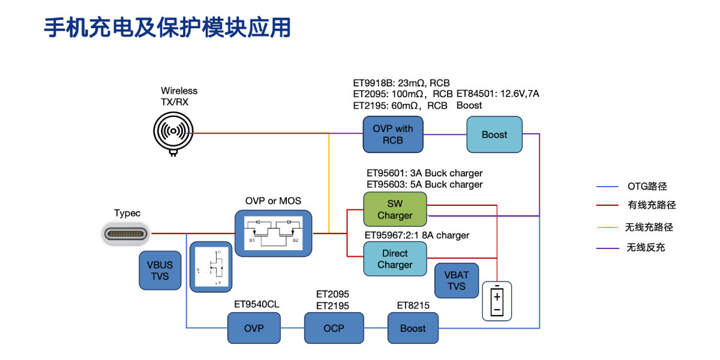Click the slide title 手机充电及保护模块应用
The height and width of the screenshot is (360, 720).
[x=167, y=28]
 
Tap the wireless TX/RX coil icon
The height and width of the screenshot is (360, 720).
[x=173, y=131]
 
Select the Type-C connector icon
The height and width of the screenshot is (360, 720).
[x=125, y=233]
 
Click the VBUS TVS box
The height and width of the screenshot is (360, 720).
[x=160, y=271]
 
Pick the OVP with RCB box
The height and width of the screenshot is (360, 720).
[x=392, y=134]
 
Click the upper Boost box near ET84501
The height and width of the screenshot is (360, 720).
[x=494, y=134]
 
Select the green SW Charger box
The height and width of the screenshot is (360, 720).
[x=395, y=209]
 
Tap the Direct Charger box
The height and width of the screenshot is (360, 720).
[x=395, y=259]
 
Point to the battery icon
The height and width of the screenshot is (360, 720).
[x=497, y=301]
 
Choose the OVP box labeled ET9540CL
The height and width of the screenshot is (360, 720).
[x=253, y=328]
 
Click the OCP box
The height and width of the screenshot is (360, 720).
[x=334, y=328]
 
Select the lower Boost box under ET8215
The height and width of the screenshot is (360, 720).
[x=412, y=328]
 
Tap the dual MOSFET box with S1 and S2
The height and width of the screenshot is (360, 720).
[x=274, y=233]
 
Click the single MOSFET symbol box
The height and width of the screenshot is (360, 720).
[x=210, y=266]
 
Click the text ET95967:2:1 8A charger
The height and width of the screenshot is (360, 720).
[x=418, y=235]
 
